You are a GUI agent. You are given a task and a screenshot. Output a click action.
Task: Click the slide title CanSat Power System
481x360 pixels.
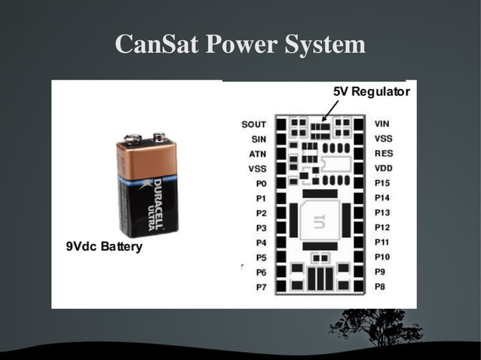(x=240, y=44)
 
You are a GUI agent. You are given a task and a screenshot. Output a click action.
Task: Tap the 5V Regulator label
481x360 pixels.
(x=371, y=92)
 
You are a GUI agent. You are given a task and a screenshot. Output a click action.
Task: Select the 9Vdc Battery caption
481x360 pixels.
(x=104, y=247)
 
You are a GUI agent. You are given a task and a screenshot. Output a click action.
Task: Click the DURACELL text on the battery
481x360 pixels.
(x=158, y=197)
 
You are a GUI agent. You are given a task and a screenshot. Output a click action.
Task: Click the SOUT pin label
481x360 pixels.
(x=253, y=124)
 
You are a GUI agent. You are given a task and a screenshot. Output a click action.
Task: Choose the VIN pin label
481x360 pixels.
(x=382, y=124)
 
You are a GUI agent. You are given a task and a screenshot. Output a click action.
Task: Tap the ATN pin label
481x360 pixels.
(x=257, y=154)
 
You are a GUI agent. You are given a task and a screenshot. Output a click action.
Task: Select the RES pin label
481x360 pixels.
(x=383, y=153)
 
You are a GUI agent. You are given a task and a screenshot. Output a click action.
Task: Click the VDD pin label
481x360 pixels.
(x=383, y=168)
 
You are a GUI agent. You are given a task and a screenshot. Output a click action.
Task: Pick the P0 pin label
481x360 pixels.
(x=261, y=183)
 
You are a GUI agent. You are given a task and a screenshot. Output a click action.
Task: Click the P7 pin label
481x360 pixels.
(x=261, y=288)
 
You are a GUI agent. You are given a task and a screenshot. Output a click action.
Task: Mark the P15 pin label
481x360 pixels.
(x=382, y=183)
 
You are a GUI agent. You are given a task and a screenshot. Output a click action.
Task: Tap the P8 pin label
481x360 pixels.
(x=381, y=287)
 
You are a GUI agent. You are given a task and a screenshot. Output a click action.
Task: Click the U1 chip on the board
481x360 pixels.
(x=314, y=220)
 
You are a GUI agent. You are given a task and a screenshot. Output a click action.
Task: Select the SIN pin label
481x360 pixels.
(x=258, y=139)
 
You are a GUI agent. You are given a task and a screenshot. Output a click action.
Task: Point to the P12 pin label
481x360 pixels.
(x=382, y=227)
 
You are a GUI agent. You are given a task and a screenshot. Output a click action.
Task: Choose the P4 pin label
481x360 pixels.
(x=261, y=243)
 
